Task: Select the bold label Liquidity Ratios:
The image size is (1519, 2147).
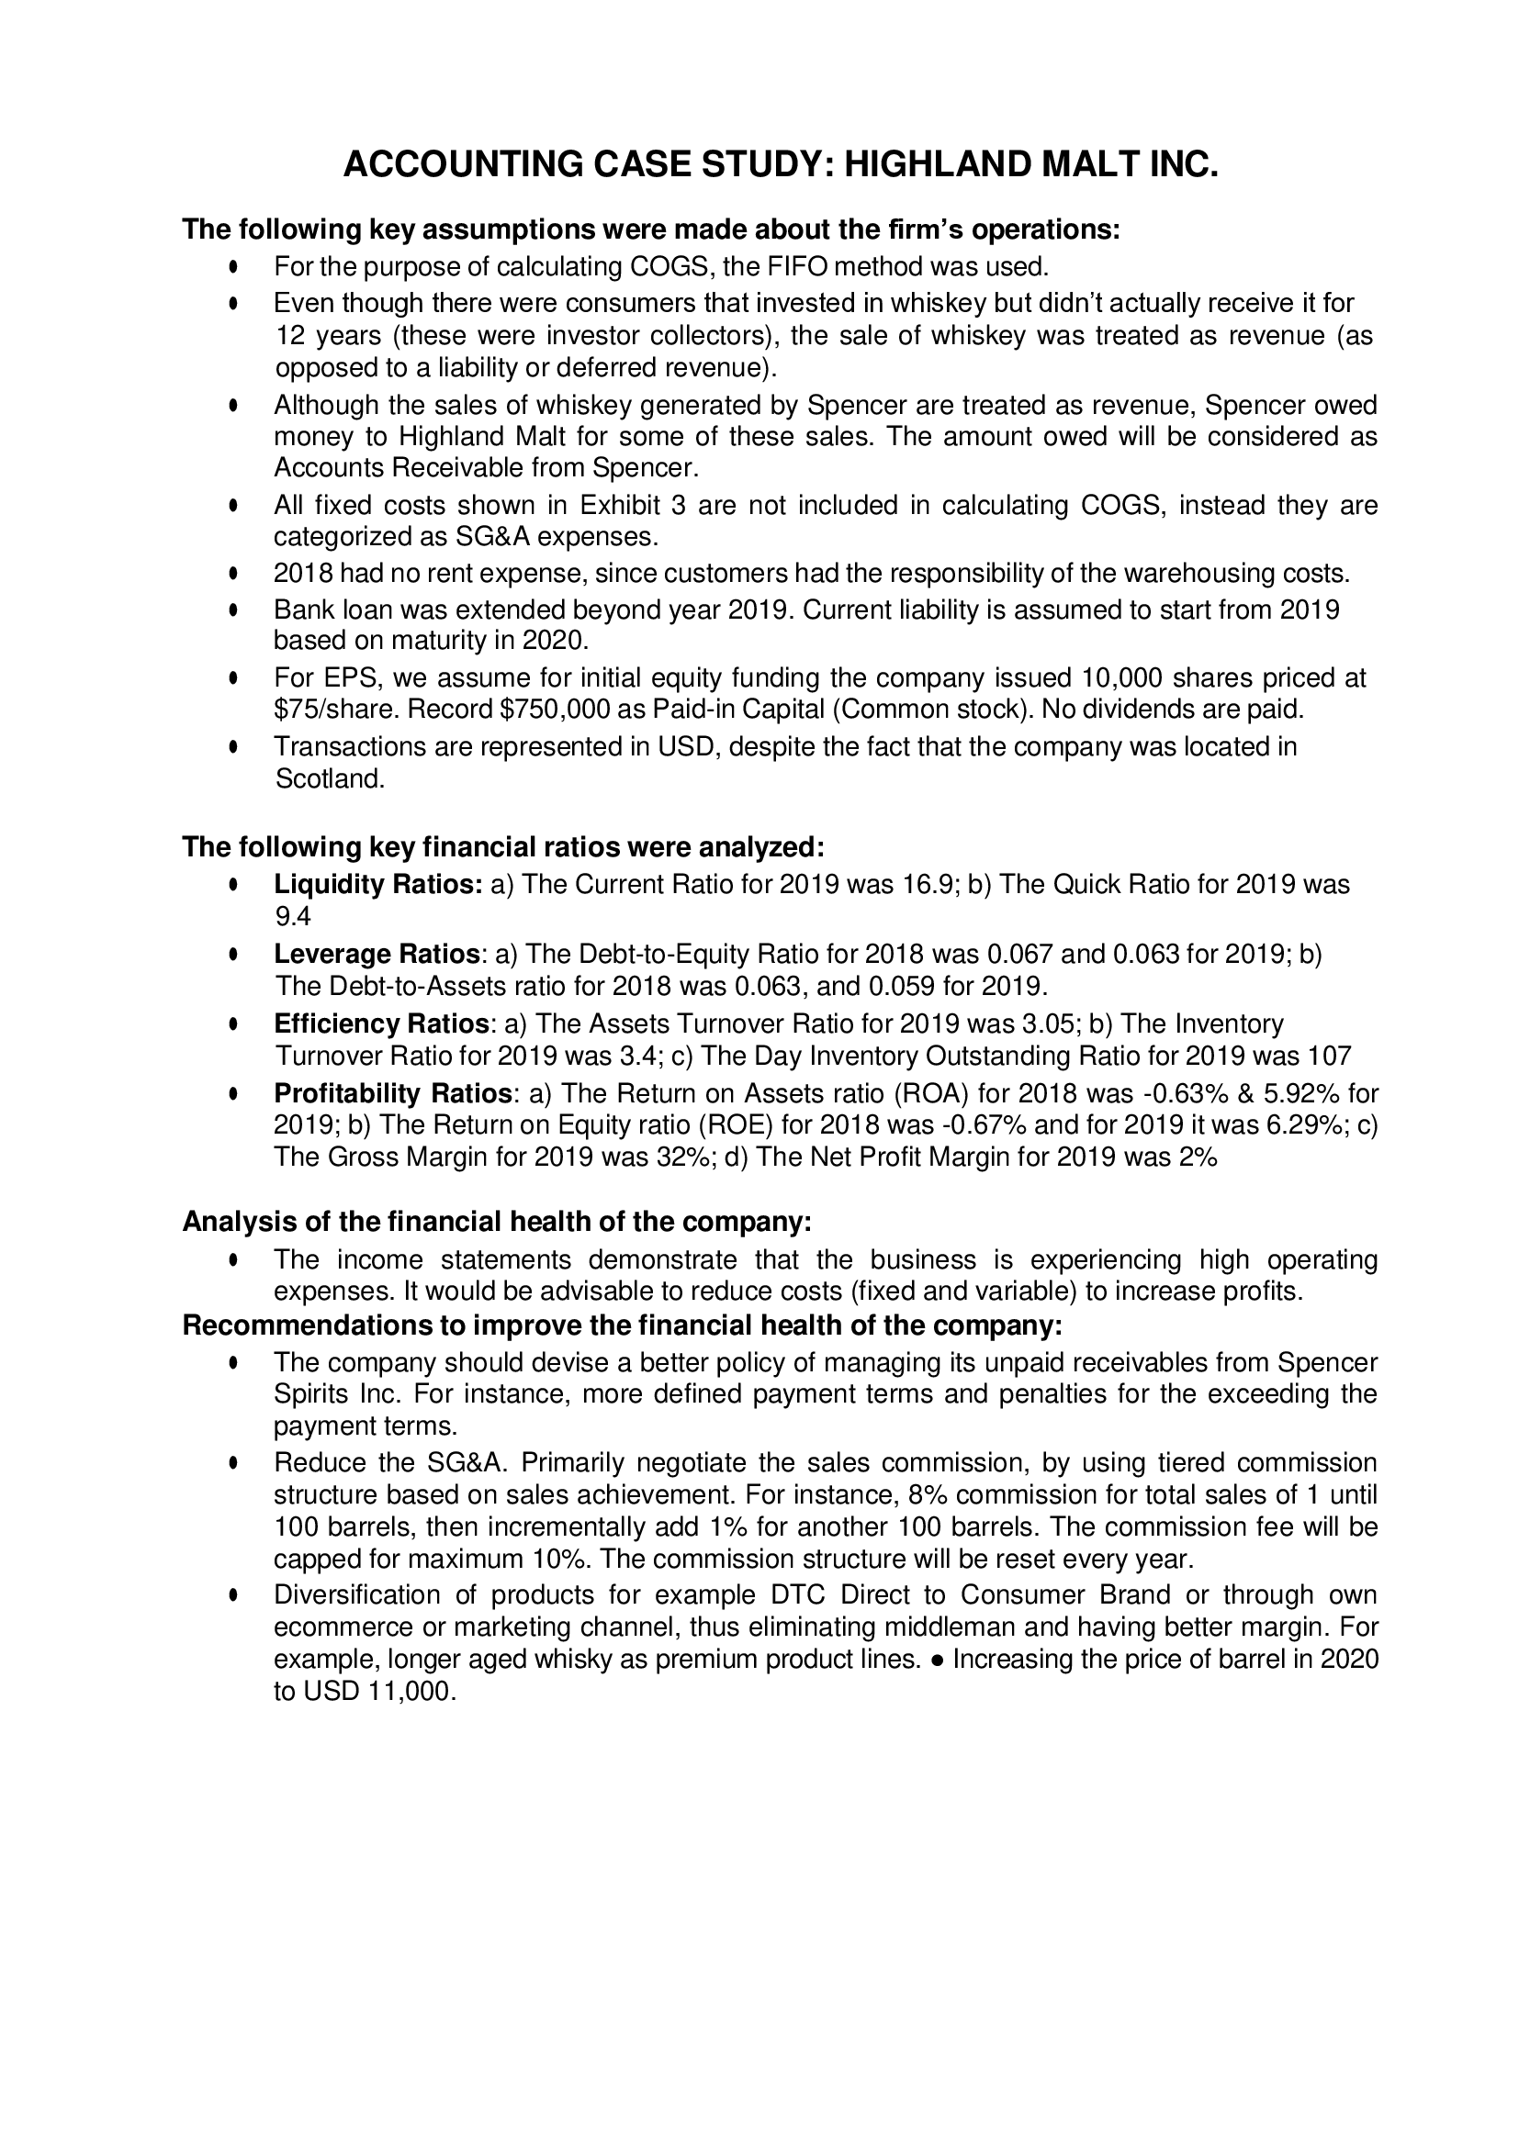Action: tap(377, 885)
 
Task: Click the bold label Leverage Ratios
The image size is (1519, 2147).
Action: tap(376, 955)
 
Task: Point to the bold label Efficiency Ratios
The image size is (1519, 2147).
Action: tap(382, 1024)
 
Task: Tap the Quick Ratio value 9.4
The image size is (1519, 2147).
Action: tap(292, 916)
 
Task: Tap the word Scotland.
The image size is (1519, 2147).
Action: tap(330, 779)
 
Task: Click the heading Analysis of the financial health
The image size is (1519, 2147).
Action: tap(497, 1222)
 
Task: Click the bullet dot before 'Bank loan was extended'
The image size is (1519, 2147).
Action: tap(234, 610)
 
